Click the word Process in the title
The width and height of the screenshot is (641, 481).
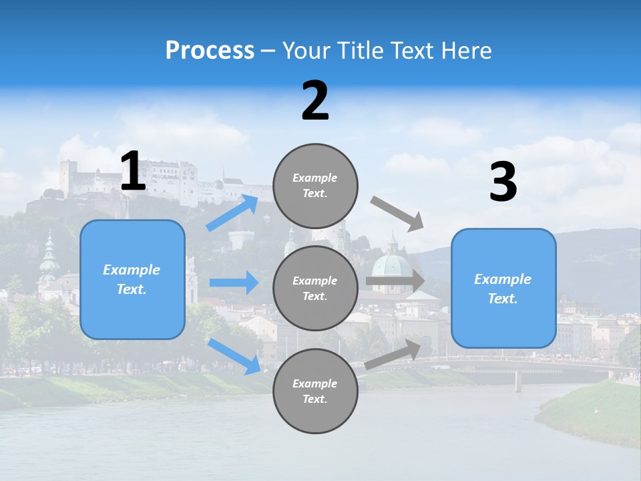tap(210, 51)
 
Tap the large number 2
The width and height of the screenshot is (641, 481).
tap(315, 101)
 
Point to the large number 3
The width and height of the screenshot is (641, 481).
tap(503, 182)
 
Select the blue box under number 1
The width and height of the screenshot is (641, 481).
tap(132, 279)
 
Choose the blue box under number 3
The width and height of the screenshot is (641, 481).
tap(503, 288)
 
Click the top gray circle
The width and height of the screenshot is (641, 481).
tap(315, 186)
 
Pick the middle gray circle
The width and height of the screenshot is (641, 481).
tap(315, 288)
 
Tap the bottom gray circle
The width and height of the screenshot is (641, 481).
tap(315, 391)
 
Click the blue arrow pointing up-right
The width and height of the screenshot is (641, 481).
tap(232, 213)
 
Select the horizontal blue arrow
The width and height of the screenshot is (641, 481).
tap(234, 283)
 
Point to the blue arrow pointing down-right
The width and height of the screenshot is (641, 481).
tap(234, 356)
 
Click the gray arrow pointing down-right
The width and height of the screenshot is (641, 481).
tap(397, 214)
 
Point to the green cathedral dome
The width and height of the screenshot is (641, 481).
tap(392, 265)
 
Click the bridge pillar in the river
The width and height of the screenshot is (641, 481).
tap(518, 381)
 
